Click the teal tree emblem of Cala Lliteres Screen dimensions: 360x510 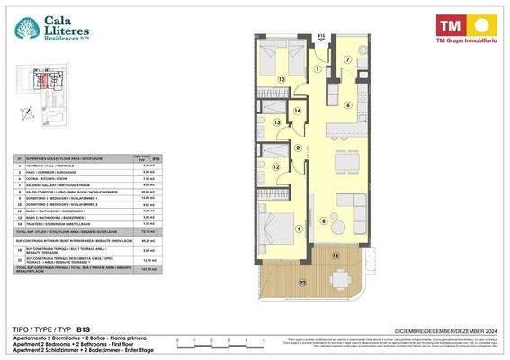pos(27,29)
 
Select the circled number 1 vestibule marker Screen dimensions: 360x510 pos(317,68)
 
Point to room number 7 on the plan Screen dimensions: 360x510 pos(347,61)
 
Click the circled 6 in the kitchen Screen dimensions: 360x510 pos(348,104)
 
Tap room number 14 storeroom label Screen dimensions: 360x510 pos(298,109)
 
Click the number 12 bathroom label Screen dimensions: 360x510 pos(276,166)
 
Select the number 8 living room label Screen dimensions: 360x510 pos(324,220)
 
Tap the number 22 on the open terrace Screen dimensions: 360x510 pos(301,284)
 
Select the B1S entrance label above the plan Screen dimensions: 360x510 pos(321,36)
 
